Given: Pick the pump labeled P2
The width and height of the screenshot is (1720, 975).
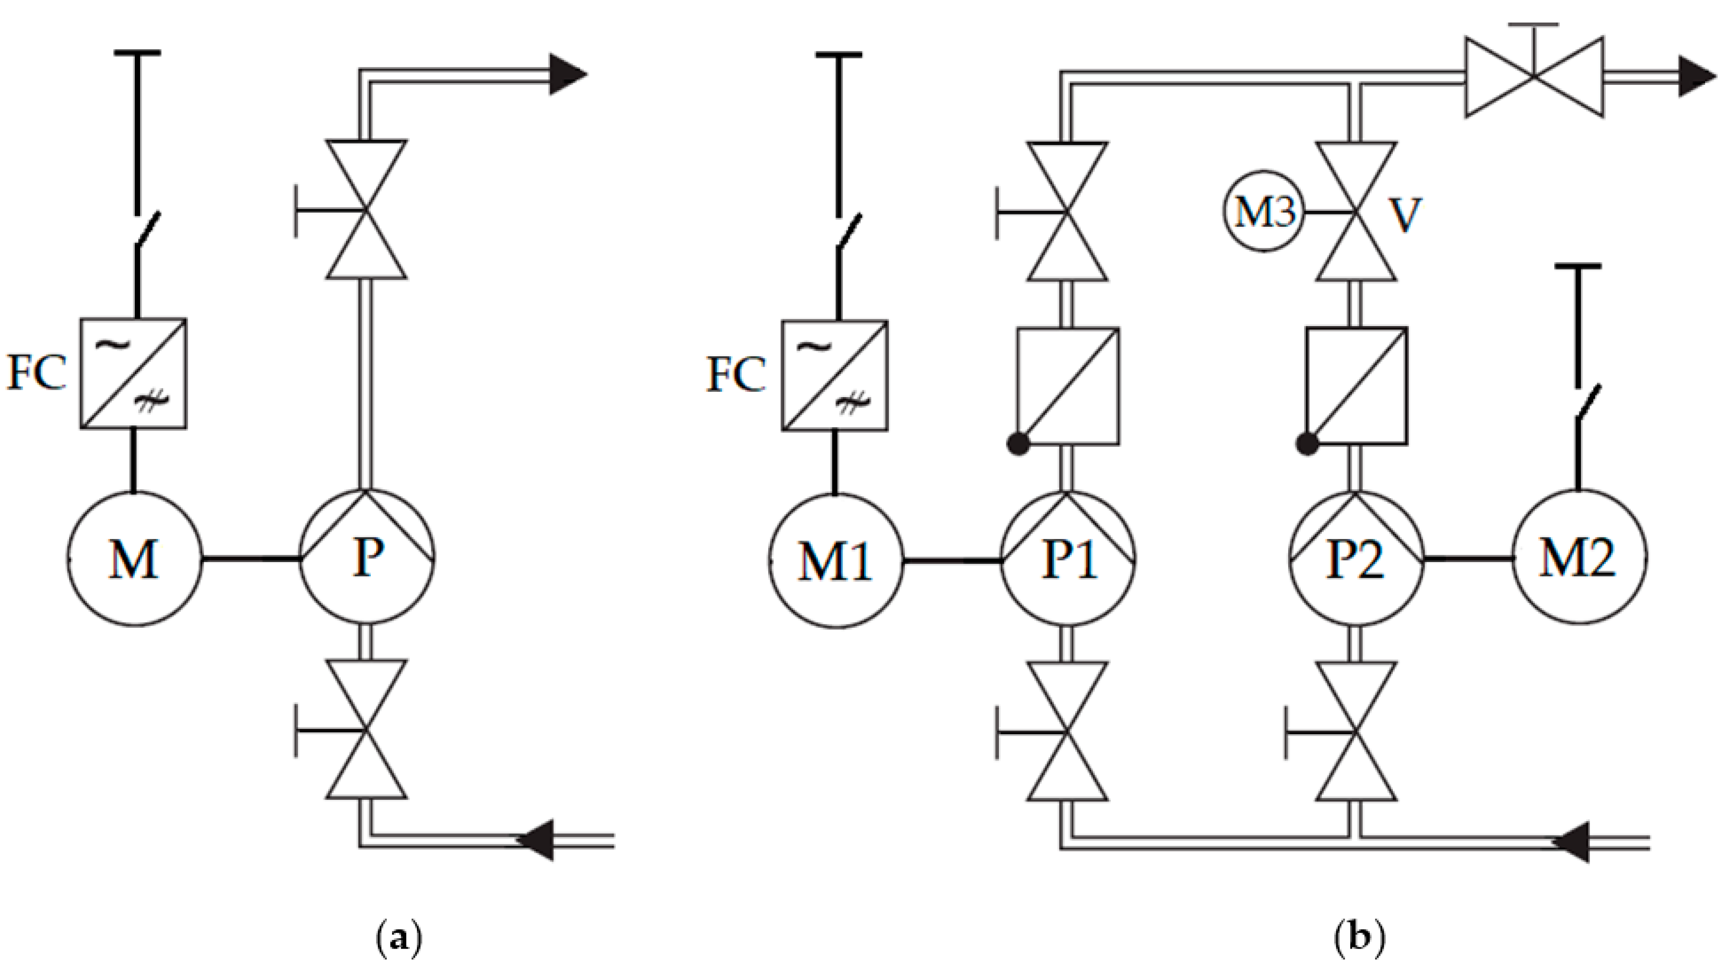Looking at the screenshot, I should pyautogui.click(x=1356, y=559).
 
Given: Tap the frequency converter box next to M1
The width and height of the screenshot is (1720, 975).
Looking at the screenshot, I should pyautogui.click(x=834, y=375).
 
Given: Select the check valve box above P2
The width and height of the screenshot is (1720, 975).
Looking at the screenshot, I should pyautogui.click(x=1356, y=386).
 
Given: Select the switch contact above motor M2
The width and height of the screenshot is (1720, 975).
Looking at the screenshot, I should pyautogui.click(x=1588, y=402).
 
